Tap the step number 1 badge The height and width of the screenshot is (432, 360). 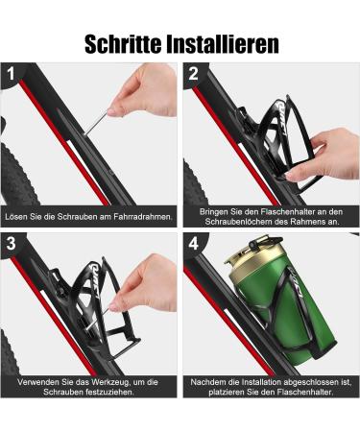tap(12, 73)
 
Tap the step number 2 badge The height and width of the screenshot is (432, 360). tap(194, 73)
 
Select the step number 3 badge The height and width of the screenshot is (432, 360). tap(12, 241)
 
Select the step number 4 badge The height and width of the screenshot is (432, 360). tap(194, 241)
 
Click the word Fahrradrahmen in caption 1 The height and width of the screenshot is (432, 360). tap(142, 217)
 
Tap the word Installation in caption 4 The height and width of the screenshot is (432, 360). tap(256, 383)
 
